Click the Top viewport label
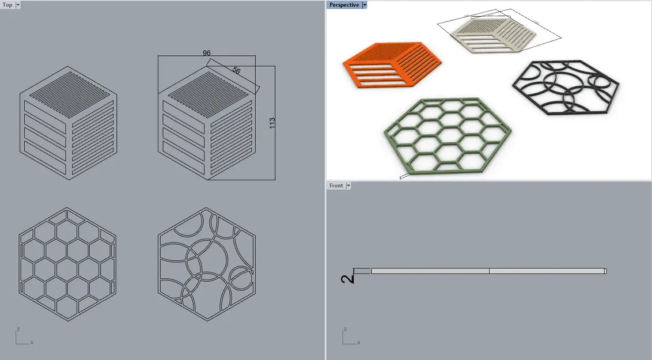pos(7,5)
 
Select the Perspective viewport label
pos(344,5)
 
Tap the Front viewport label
pos(336,185)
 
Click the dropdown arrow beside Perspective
pos(365,5)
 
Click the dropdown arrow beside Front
pos(348,185)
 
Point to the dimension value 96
pos(207,53)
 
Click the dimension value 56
pos(236,70)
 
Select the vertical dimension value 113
pos(272,123)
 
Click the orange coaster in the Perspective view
pos(392,65)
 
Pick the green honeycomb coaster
pos(448,135)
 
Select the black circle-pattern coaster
pos(566,87)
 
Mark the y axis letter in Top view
pos(18,328)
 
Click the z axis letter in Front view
pos(345,329)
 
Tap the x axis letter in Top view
pos(32,343)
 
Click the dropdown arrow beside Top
pos(18,5)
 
